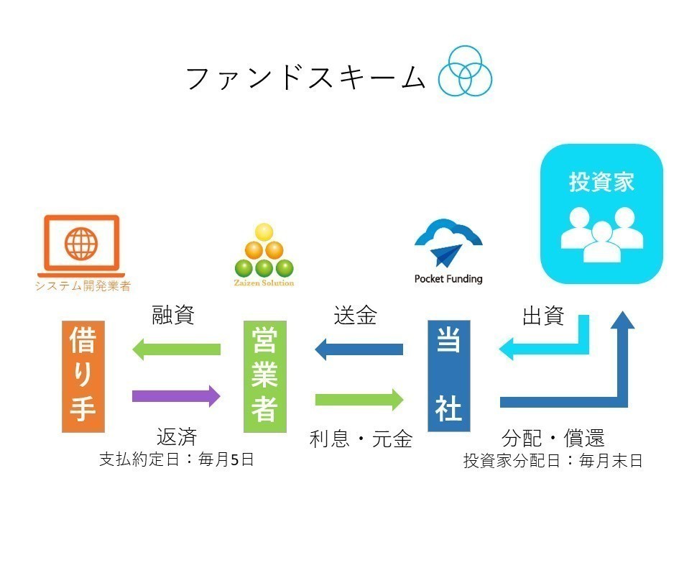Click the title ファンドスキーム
[x=305, y=78]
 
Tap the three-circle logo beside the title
[x=466, y=70]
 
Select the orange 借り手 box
[x=83, y=377]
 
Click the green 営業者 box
[x=265, y=377]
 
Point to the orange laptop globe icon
[x=80, y=244]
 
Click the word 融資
[x=173, y=316]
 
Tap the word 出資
[x=542, y=316]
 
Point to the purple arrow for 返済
[x=176, y=395]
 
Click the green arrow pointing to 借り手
[x=176, y=349]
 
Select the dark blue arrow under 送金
[x=359, y=350]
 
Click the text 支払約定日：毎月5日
[x=176, y=459]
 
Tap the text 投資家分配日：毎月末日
[x=553, y=461]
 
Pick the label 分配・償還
[x=553, y=438]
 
